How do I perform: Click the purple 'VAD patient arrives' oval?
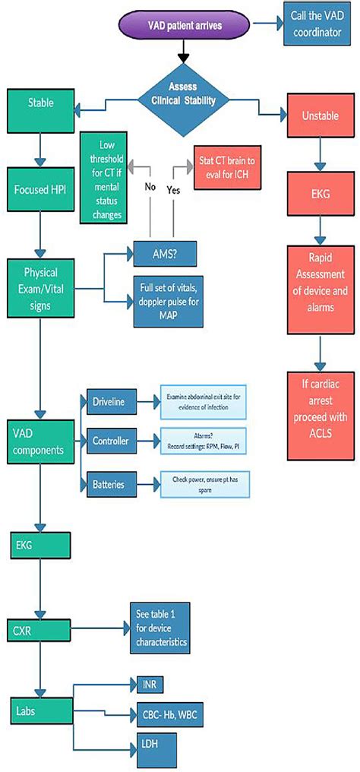pos(185,26)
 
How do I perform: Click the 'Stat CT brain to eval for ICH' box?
pos(227,166)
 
